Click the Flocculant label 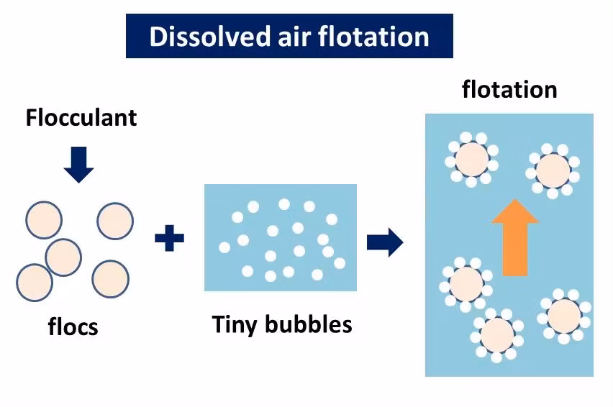(x=81, y=117)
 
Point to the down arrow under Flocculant (x=78, y=164)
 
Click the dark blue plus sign (x=169, y=238)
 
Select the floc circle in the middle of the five (x=63, y=256)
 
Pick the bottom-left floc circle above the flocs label (x=34, y=283)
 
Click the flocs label (x=73, y=327)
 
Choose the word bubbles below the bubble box (x=309, y=324)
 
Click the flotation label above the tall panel (x=509, y=90)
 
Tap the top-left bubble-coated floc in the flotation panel (x=472, y=158)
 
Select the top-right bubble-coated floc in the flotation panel (x=553, y=170)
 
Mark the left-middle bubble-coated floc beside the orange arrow (x=466, y=282)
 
